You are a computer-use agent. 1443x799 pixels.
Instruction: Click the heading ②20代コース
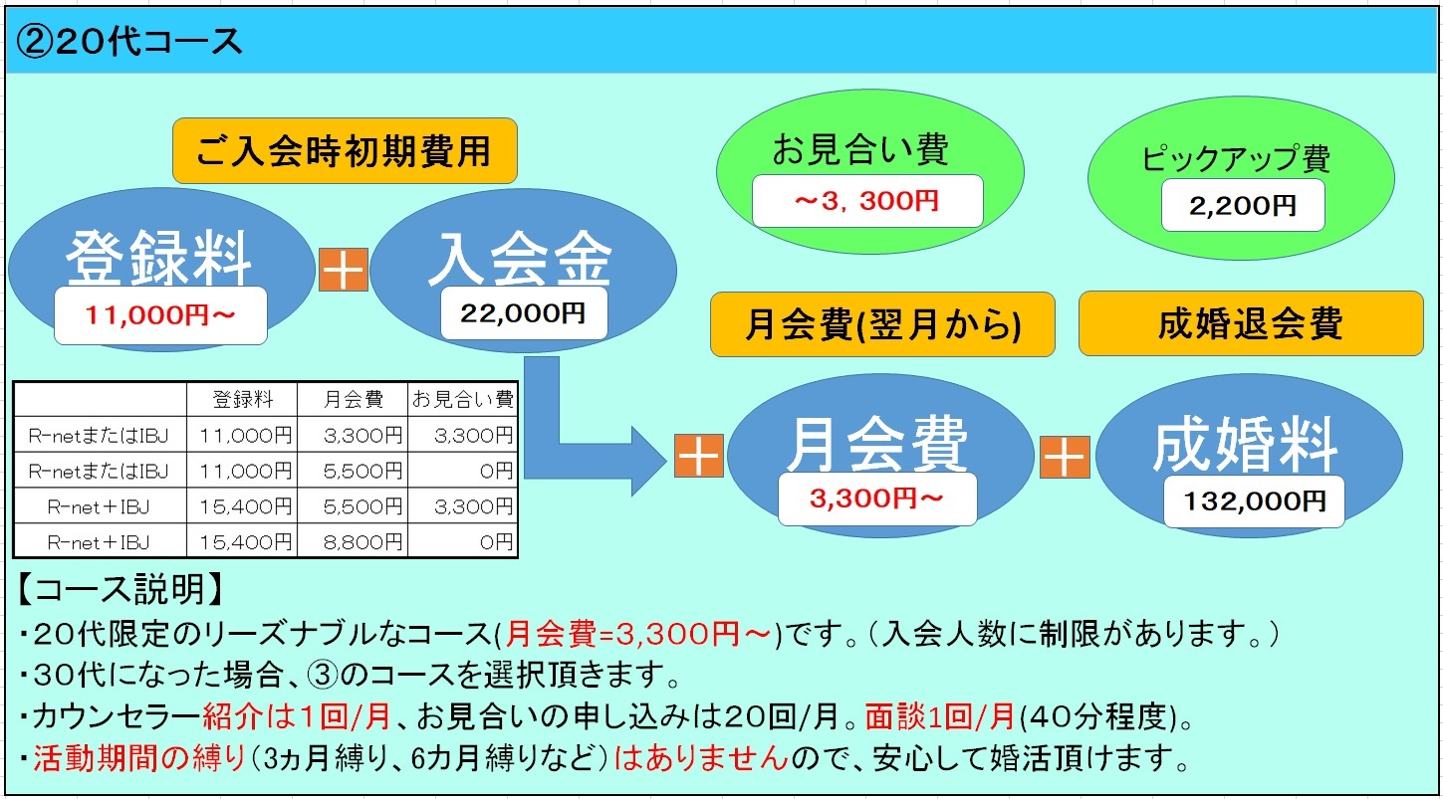[128, 42]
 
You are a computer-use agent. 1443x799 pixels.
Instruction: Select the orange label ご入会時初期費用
[345, 150]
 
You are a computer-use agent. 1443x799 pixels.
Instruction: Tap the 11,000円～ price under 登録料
[160, 314]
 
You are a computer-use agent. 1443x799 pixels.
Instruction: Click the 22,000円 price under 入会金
[524, 312]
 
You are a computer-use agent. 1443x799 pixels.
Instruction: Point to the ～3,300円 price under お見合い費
[867, 201]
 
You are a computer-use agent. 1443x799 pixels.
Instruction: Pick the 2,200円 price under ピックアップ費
[1243, 205]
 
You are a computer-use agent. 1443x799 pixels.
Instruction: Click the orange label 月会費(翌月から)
[882, 323]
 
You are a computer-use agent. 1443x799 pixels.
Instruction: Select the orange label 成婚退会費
[1251, 323]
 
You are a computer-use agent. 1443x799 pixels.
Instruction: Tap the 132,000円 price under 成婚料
[1254, 501]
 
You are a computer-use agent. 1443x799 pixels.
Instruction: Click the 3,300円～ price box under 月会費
[877, 499]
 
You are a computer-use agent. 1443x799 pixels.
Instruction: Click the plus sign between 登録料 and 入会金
[344, 270]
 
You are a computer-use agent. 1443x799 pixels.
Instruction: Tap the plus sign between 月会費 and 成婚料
[1065, 457]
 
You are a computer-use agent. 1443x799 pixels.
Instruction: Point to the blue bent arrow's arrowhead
[647, 461]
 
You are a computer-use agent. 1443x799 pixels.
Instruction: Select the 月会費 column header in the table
[353, 399]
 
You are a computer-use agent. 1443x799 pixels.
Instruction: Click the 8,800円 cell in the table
[362, 542]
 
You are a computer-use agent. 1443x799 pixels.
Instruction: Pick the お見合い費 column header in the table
[462, 399]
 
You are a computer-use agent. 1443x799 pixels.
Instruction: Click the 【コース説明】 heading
[120, 589]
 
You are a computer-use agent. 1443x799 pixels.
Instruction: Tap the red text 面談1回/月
[940, 716]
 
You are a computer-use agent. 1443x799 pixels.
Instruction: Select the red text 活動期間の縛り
[139, 758]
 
